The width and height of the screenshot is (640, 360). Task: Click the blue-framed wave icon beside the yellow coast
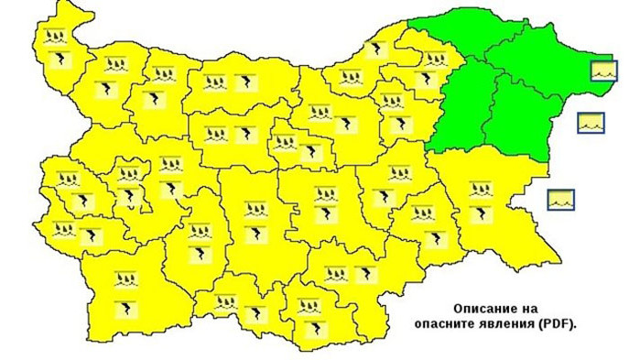pyautogui.click(x=560, y=198)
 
